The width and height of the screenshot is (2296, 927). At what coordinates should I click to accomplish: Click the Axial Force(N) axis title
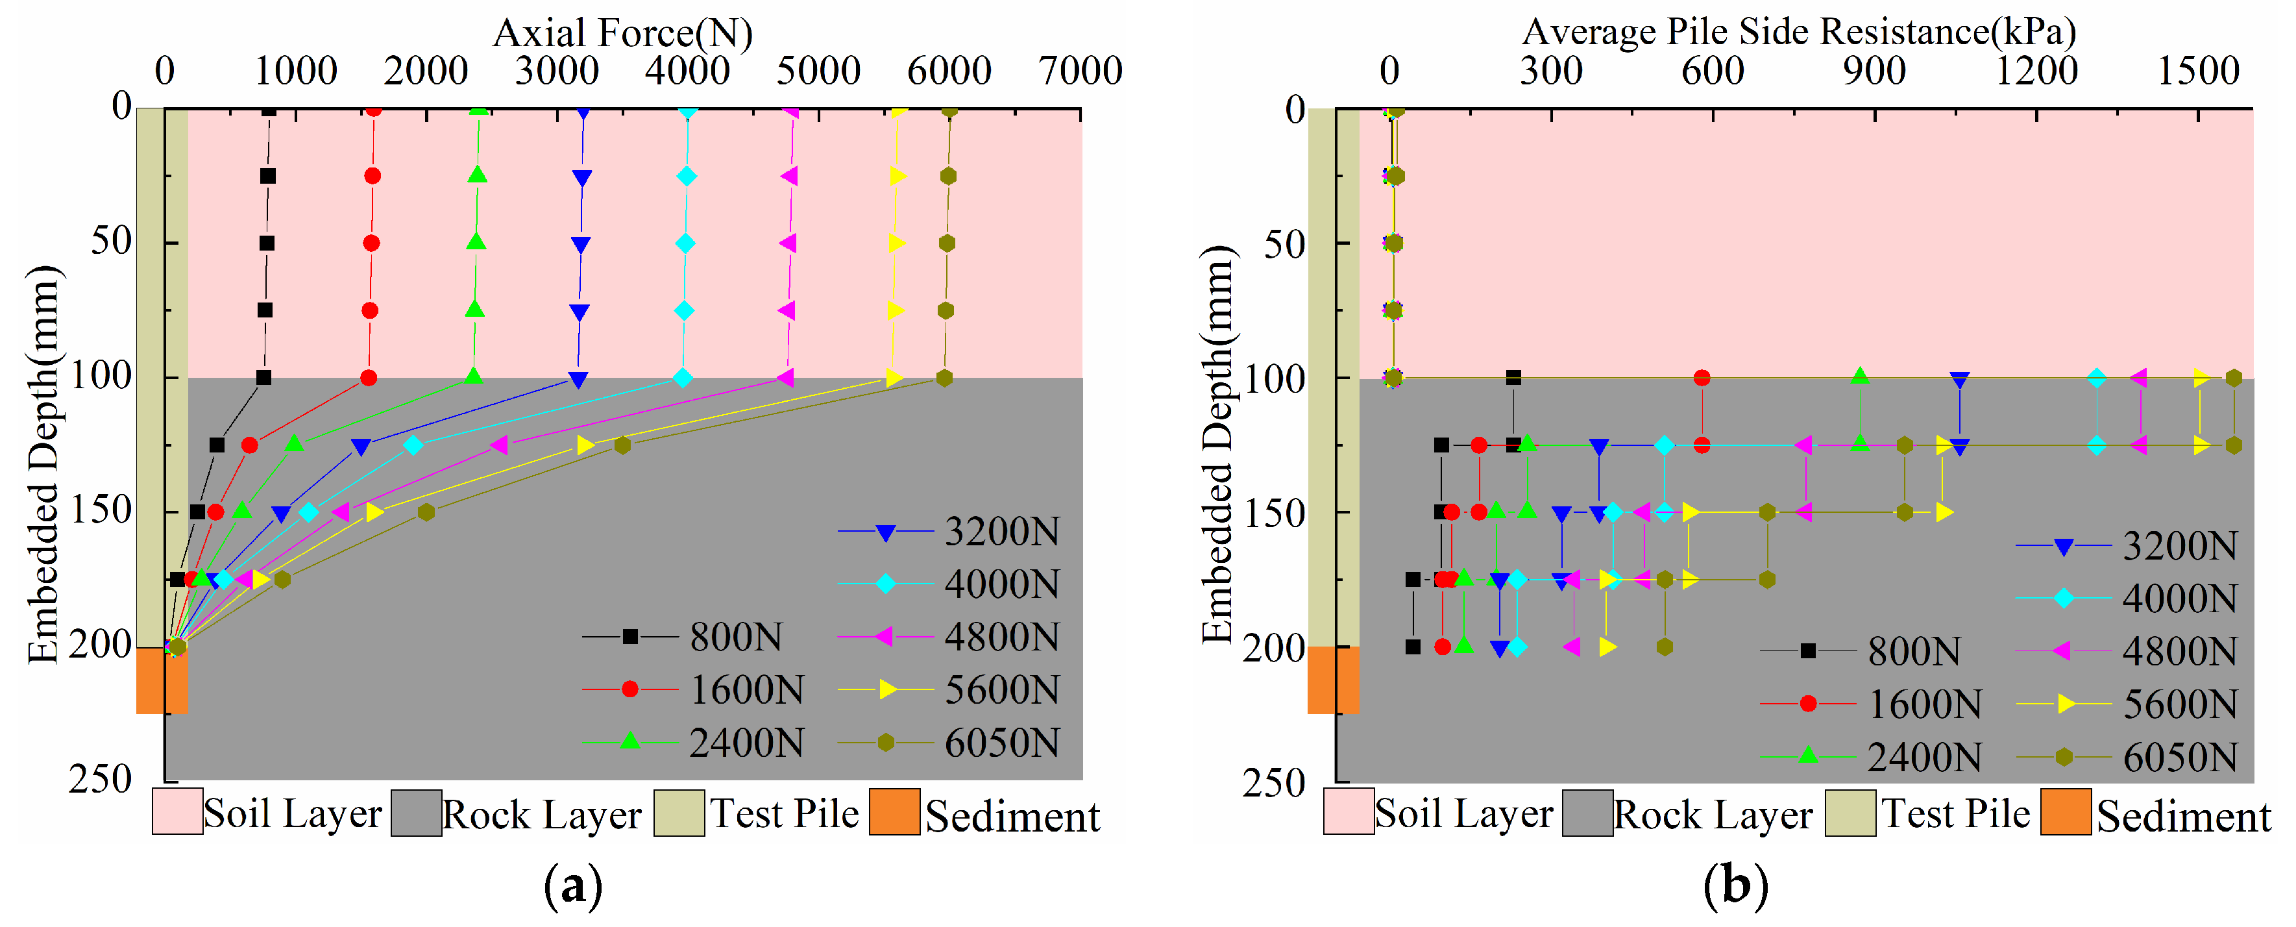[622, 33]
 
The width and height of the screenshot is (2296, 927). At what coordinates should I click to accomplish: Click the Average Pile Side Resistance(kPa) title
[1799, 32]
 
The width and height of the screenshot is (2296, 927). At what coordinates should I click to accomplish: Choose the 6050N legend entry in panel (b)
[2127, 758]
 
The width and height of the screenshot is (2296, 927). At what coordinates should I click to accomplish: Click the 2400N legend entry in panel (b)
[1872, 758]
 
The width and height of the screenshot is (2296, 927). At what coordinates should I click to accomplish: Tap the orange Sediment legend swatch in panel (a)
[894, 812]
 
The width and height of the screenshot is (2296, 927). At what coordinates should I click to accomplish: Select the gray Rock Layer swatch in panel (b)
[1587, 813]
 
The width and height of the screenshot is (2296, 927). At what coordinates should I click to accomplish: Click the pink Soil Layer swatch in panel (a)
[177, 811]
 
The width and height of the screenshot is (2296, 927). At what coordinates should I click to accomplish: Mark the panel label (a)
[573, 886]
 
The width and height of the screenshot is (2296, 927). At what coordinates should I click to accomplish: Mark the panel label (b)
[1735, 886]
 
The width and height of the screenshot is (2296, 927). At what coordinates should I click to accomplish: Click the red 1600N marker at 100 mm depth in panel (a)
[368, 378]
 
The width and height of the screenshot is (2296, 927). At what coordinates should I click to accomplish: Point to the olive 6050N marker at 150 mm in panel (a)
[426, 513]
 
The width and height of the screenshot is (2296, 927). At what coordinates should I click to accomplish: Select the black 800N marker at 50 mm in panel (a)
[267, 243]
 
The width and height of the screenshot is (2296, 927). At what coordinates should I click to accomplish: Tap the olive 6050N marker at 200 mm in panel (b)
[1664, 647]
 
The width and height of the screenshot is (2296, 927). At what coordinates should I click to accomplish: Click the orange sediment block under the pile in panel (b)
[1334, 680]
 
